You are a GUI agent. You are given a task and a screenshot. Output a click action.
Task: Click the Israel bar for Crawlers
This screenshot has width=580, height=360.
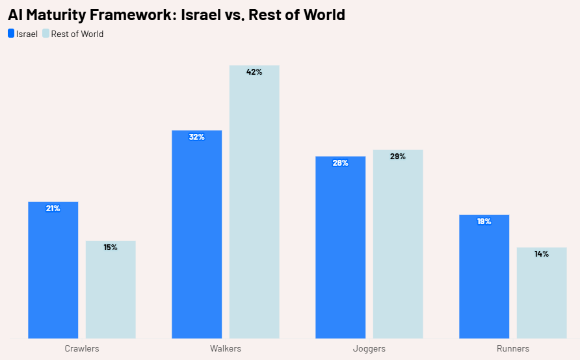53,273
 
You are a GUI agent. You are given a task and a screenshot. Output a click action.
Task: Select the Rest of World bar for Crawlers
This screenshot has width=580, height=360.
111,292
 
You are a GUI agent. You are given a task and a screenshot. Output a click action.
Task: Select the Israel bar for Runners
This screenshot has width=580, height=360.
484,279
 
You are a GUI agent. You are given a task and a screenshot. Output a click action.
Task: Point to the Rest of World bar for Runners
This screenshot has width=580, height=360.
542,296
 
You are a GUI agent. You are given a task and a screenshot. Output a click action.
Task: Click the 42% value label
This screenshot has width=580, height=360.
254,72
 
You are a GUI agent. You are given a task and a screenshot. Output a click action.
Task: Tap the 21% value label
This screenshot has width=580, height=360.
53,209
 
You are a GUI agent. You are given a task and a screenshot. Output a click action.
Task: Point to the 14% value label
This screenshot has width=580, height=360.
542,254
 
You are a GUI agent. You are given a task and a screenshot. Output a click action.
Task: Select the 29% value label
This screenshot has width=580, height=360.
398,157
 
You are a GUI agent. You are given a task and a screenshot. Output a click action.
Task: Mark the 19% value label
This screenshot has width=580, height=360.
484,222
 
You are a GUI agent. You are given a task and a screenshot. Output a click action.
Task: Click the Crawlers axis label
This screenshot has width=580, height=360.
82,349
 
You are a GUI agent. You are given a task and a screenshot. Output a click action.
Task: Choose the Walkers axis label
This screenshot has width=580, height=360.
226,349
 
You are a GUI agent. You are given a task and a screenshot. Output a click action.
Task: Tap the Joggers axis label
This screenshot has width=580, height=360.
369,349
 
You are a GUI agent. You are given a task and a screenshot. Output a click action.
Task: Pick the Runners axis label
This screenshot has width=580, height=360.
513,349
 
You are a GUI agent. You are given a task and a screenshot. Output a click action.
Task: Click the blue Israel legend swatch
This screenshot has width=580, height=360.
11,34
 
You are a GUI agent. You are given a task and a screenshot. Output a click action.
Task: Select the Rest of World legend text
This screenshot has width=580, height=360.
77,34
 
